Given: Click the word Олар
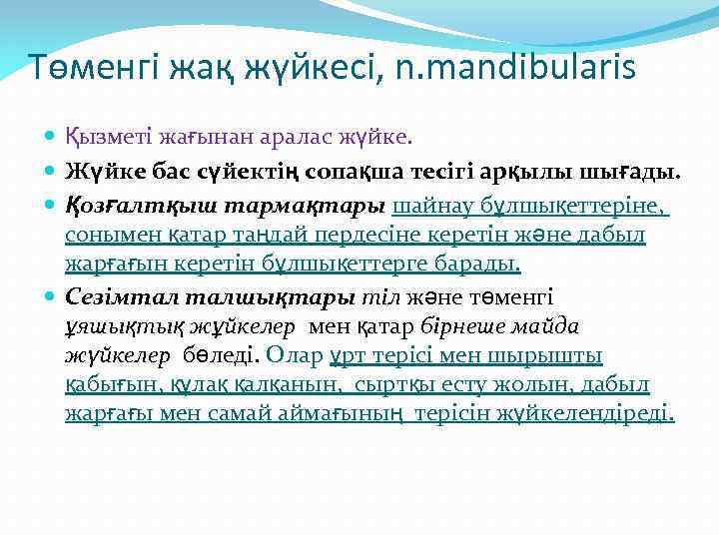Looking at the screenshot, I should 296,354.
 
